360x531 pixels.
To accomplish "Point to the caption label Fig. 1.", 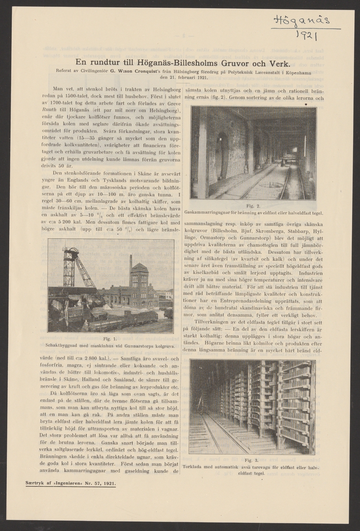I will (111, 338).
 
